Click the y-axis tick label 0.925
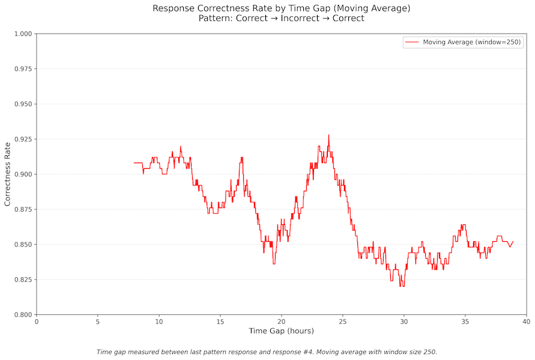pyautogui.click(x=22, y=139)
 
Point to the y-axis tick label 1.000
pyautogui.click(x=22, y=34)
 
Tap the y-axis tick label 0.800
pyautogui.click(x=22, y=314)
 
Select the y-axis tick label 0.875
pyautogui.click(x=22, y=209)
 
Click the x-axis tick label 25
pyautogui.click(x=342, y=322)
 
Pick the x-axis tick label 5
pyautogui.click(x=98, y=322)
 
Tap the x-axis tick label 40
pyautogui.click(x=526, y=322)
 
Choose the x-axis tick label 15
pyautogui.click(x=220, y=322)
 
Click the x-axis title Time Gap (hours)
pyautogui.click(x=281, y=331)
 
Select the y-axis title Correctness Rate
pyautogui.click(x=8, y=174)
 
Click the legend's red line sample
pyautogui.click(x=411, y=43)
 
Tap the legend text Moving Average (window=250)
pyautogui.click(x=472, y=43)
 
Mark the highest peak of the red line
pyautogui.click(x=328, y=135)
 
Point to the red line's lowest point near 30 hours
pyautogui.click(x=402, y=286)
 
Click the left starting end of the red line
pyautogui.click(x=134, y=163)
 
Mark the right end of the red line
pyautogui.click(x=513, y=242)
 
